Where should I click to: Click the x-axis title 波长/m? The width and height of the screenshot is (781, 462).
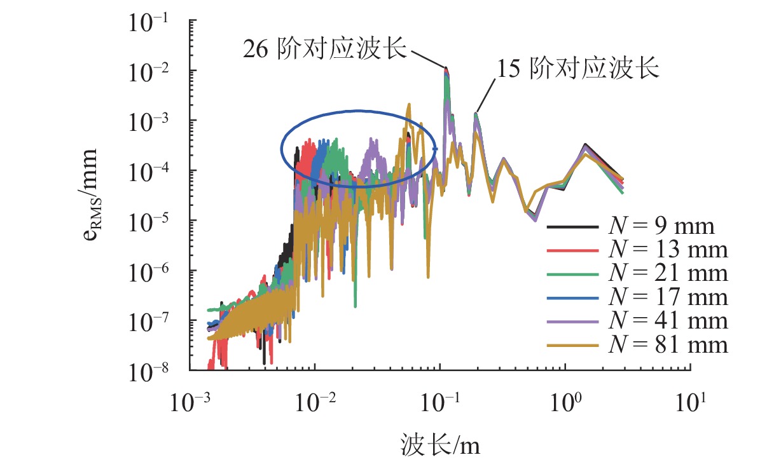[441, 444]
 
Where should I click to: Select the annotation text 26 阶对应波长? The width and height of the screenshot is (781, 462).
[324, 49]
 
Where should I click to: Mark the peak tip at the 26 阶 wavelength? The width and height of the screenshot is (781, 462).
[446, 67]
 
